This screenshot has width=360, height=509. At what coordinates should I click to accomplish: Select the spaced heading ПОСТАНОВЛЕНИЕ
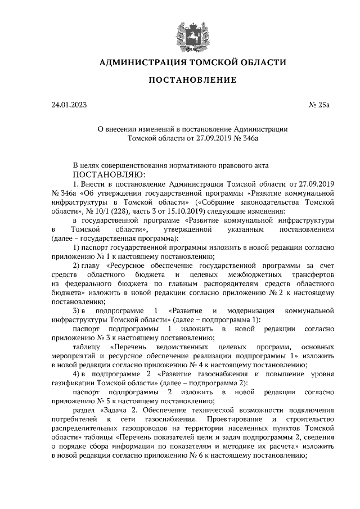pos(192,81)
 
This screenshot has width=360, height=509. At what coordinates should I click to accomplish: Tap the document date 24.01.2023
pos(69,105)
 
